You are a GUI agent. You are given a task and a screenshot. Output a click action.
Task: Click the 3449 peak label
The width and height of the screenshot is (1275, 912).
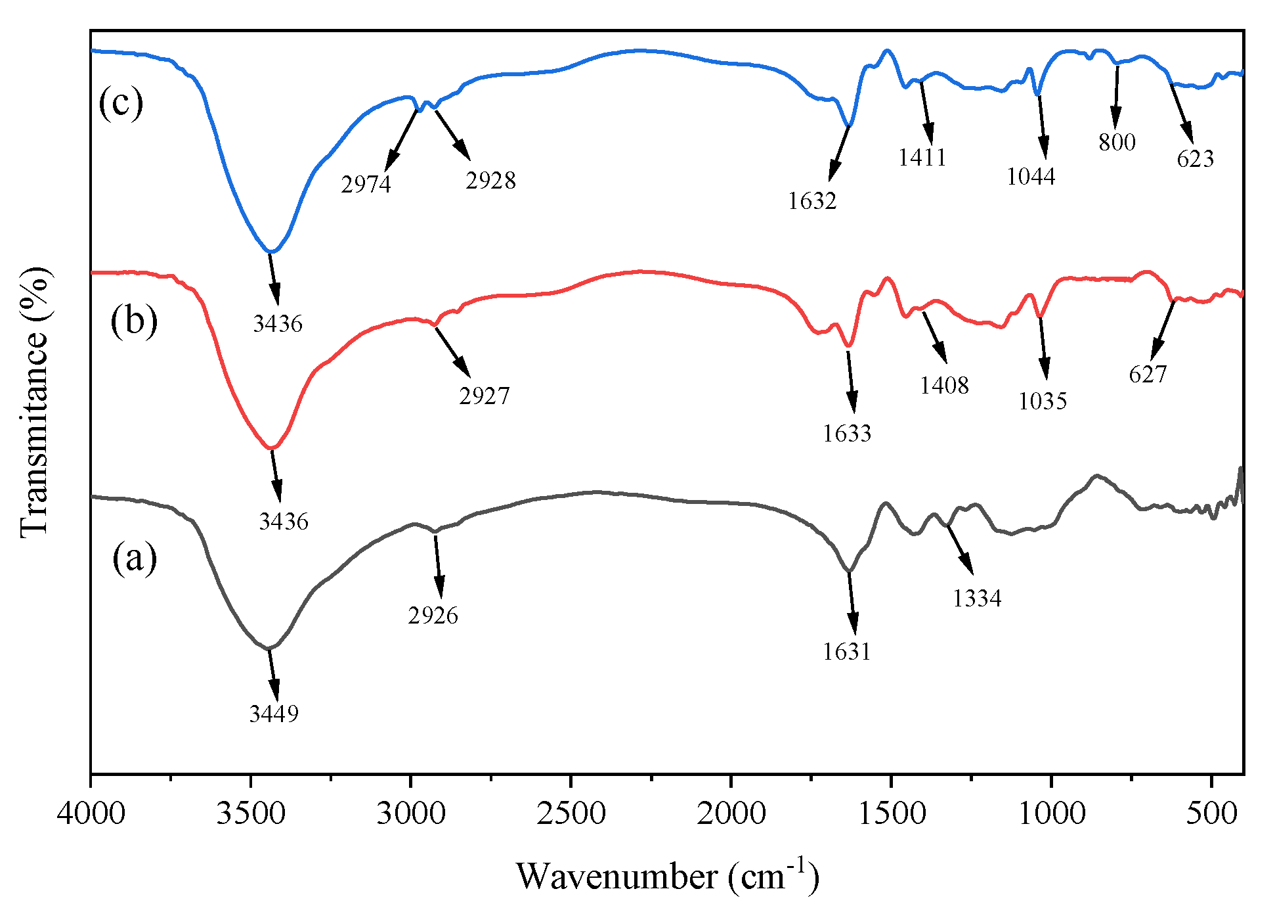pyautogui.click(x=274, y=714)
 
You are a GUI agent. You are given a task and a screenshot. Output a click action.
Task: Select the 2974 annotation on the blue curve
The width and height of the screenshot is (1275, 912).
pyautogui.click(x=366, y=185)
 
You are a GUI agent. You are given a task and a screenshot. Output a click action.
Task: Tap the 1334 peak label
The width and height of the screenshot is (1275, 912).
pyautogui.click(x=977, y=599)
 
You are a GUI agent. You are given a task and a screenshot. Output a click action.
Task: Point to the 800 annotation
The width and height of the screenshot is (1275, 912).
pyautogui.click(x=1117, y=142)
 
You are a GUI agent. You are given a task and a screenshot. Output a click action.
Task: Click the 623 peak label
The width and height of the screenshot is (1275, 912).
pyautogui.click(x=1195, y=159)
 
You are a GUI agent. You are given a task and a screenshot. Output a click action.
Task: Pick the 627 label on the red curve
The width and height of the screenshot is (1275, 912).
pyautogui.click(x=1148, y=375)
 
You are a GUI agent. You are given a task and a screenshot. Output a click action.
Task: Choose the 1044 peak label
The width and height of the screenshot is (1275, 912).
pyautogui.click(x=1031, y=176)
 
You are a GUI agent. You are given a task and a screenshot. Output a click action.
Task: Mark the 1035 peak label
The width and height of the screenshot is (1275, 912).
pyautogui.click(x=1043, y=401)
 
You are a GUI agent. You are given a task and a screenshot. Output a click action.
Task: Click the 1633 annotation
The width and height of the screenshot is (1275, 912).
pyautogui.click(x=847, y=434)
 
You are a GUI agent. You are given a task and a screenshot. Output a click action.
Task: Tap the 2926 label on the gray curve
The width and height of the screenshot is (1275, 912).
pyautogui.click(x=433, y=616)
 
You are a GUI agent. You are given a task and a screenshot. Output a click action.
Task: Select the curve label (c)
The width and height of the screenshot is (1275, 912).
pyautogui.click(x=121, y=103)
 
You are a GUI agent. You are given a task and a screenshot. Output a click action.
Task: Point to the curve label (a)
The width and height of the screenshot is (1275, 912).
pyautogui.click(x=135, y=559)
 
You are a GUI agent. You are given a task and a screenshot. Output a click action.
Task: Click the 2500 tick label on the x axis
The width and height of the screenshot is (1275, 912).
pyautogui.click(x=571, y=814)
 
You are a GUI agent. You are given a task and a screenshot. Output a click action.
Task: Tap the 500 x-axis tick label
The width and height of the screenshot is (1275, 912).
pyautogui.click(x=1211, y=814)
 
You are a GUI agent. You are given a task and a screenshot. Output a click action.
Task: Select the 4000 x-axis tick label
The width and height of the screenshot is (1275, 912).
pyautogui.click(x=91, y=814)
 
